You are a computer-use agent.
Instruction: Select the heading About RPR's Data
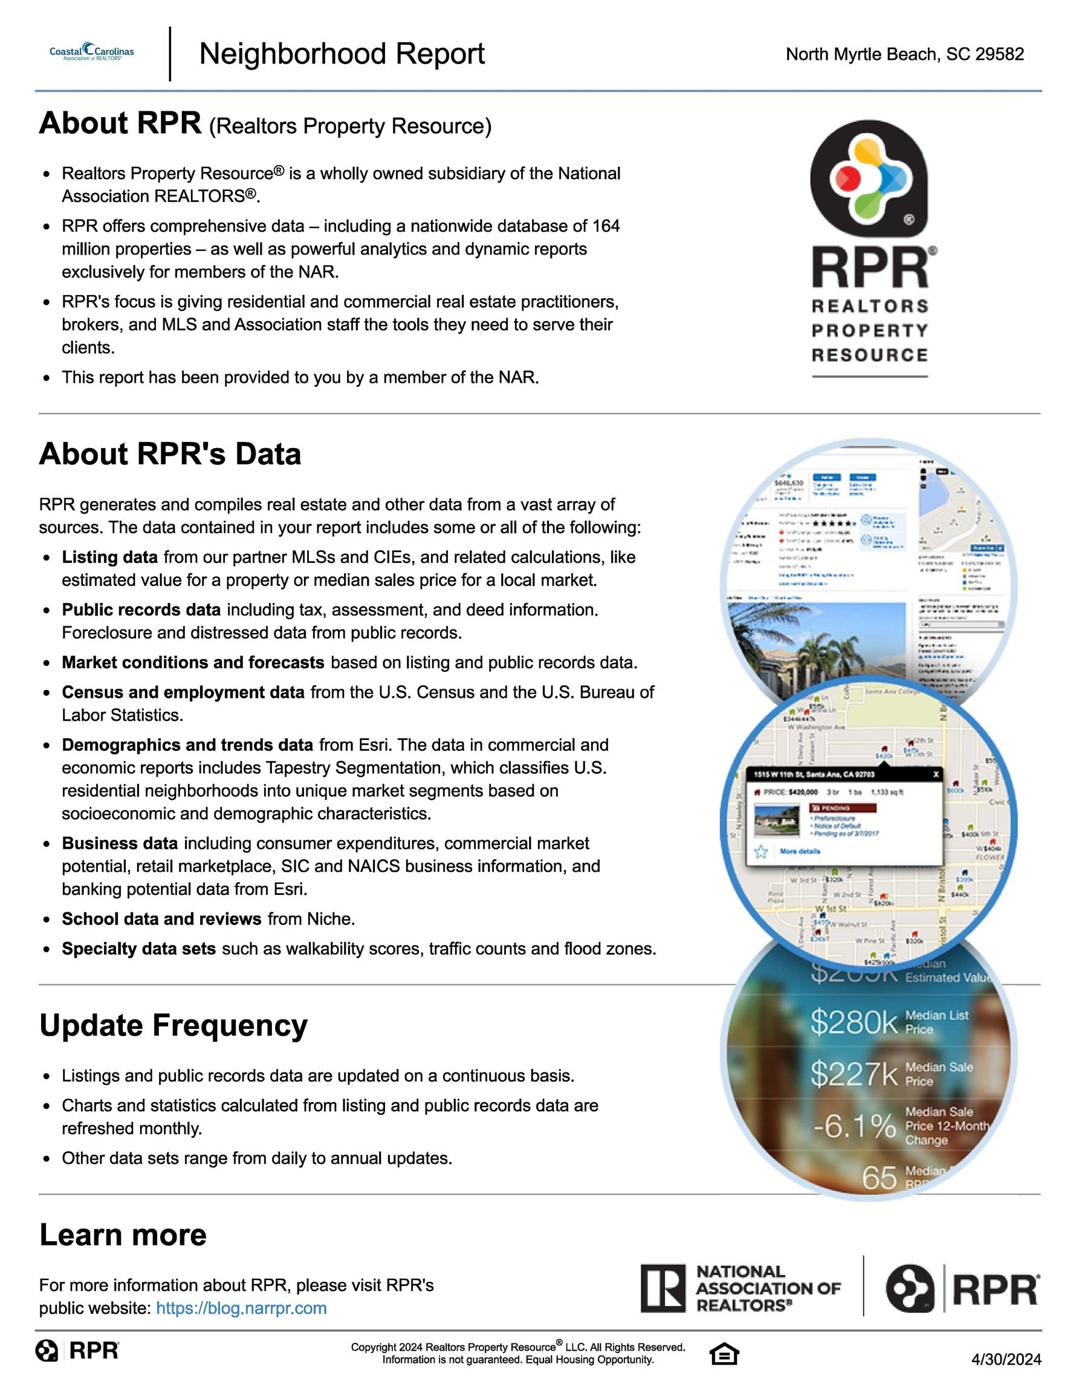point(170,454)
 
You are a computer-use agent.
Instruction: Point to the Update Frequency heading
point(173,1025)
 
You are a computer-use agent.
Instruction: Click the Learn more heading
point(123,1235)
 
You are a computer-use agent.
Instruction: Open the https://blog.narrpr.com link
point(241,1308)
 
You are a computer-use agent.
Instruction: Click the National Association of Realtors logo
point(741,1288)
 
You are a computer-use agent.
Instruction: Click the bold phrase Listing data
point(109,557)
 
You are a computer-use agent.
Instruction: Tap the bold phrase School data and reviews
point(161,919)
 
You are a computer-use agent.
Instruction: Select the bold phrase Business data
point(120,844)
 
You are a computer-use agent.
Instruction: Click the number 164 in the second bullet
point(605,227)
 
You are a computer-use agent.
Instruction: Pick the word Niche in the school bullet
point(328,919)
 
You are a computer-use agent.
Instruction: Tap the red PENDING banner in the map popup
point(843,808)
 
